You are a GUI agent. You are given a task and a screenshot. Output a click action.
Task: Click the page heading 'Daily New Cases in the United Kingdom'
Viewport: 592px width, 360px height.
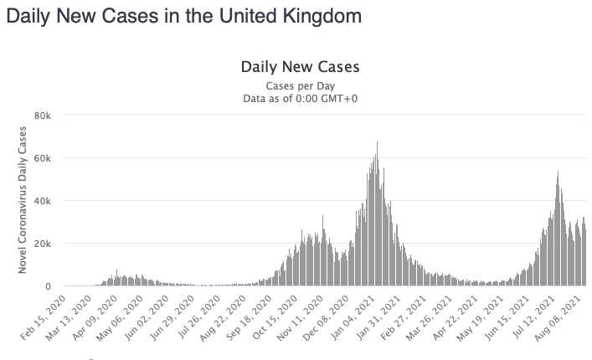click(183, 16)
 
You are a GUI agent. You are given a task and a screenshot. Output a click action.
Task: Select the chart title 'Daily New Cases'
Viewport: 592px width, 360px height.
click(300, 66)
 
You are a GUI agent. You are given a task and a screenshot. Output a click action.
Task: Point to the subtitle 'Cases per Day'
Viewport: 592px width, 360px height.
click(300, 86)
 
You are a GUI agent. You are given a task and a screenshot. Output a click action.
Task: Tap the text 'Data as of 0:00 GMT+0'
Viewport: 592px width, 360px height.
click(300, 99)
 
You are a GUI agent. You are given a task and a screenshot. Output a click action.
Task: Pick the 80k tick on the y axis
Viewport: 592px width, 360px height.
click(44, 114)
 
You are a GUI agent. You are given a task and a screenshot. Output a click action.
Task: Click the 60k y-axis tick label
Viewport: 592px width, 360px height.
click(44, 157)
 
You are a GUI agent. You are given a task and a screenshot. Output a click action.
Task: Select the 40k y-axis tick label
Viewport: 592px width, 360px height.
click(44, 200)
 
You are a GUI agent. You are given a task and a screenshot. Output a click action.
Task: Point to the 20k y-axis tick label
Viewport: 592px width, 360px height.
click(44, 244)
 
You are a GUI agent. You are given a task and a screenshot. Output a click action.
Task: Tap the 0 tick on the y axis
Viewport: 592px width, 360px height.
click(48, 286)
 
